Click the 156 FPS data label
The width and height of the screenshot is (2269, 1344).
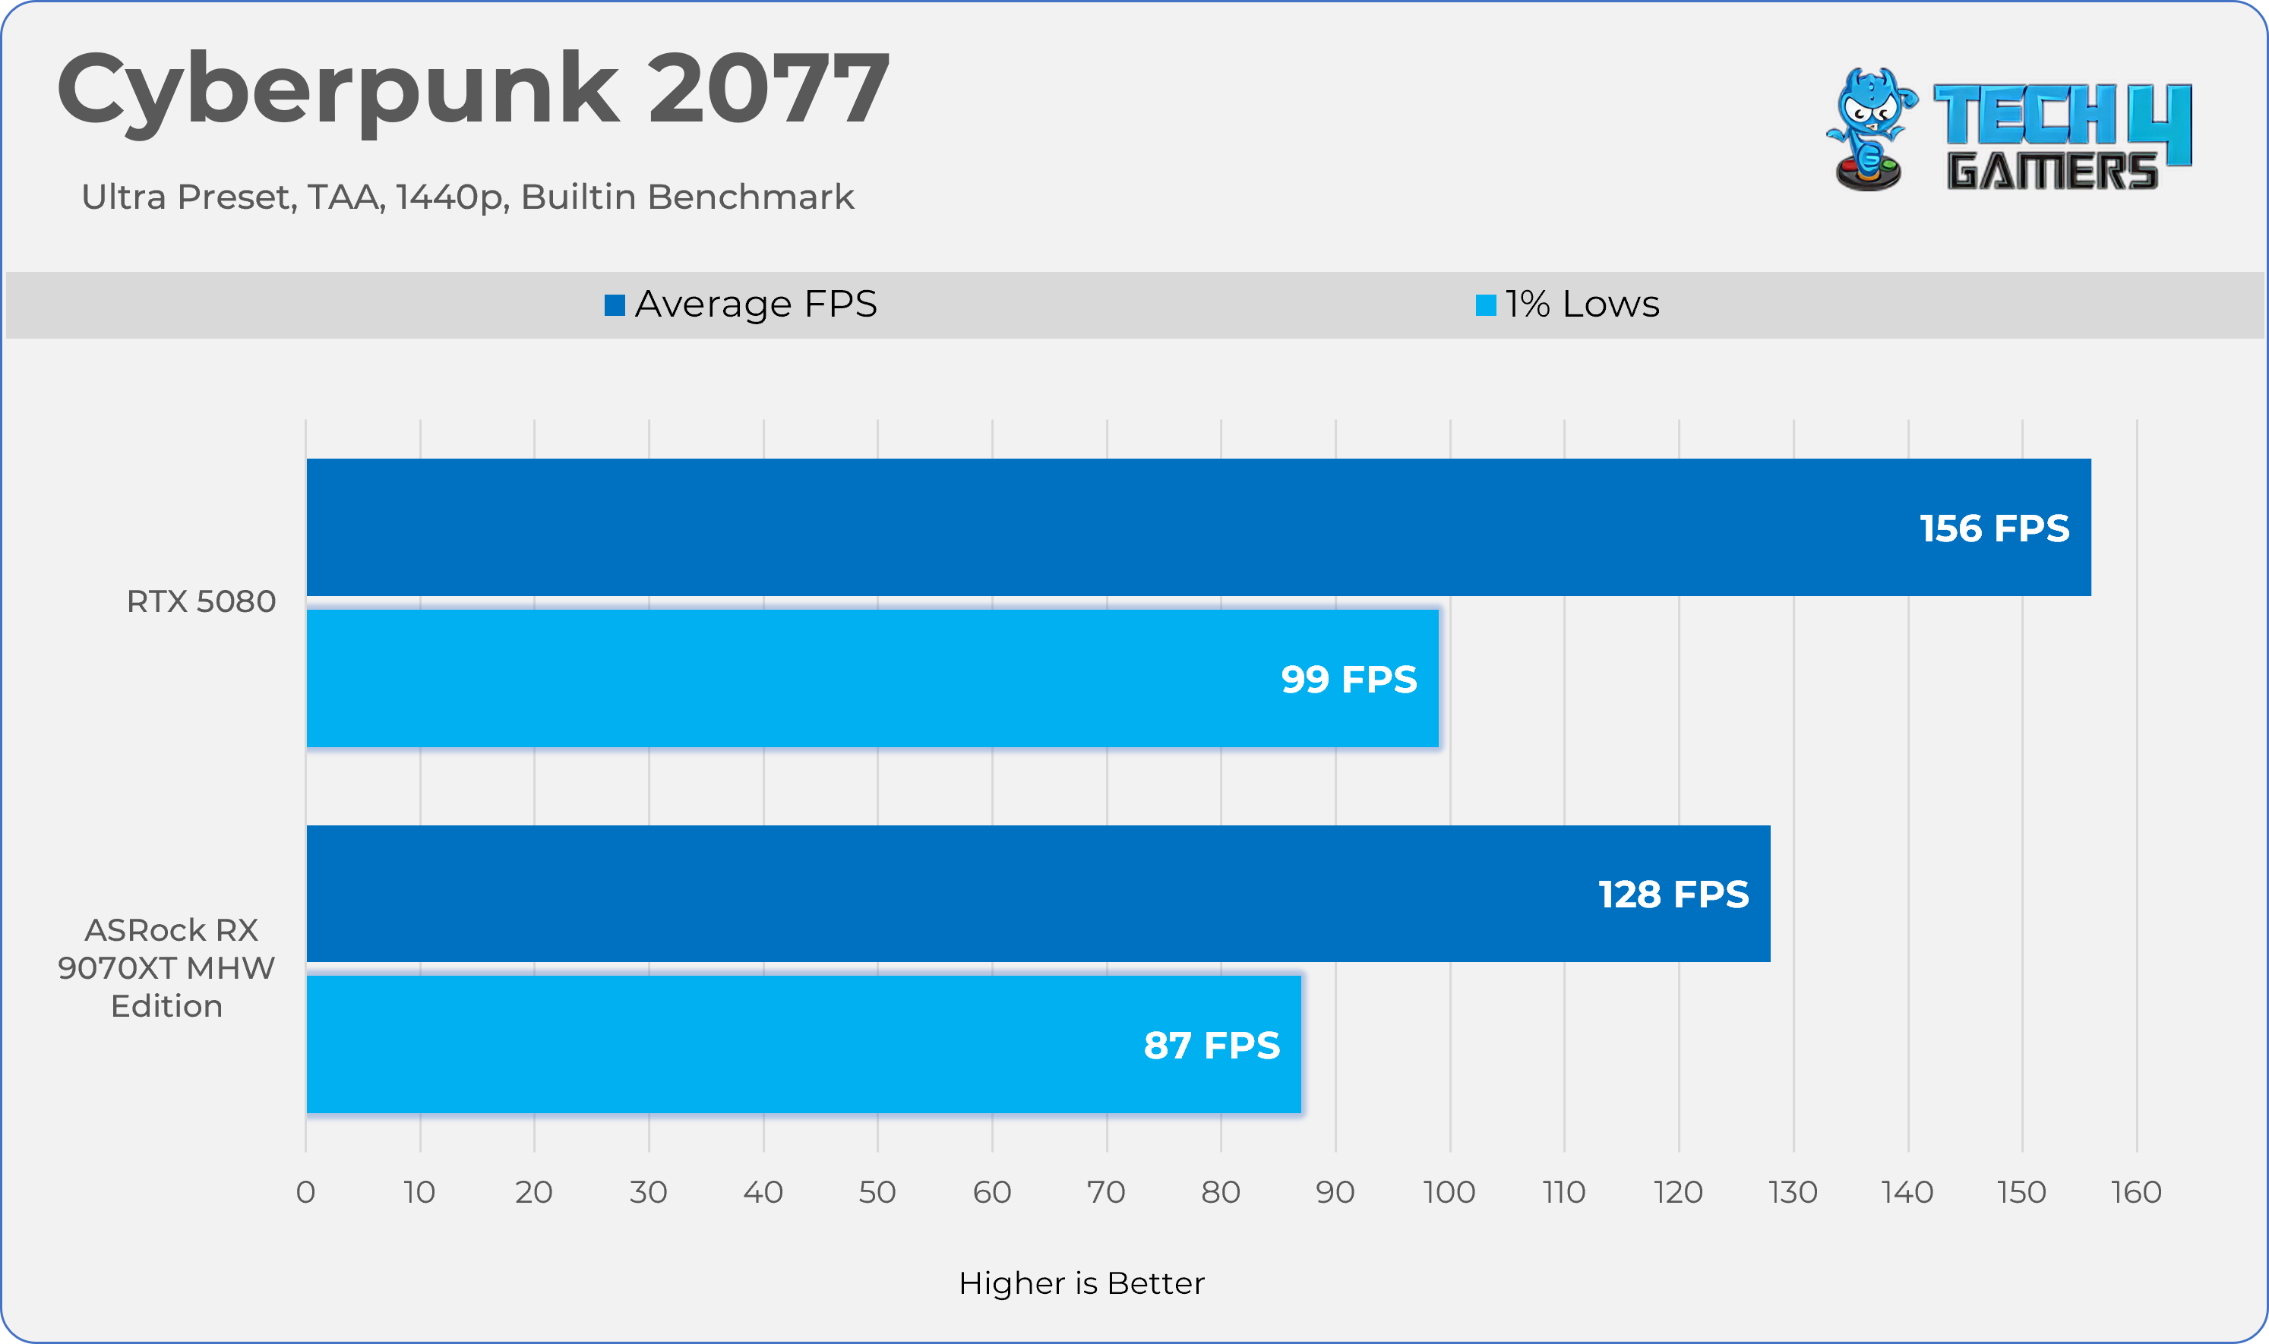(x=1994, y=528)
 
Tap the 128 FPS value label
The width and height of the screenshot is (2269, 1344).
(x=1673, y=894)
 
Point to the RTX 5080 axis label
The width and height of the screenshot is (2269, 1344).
(x=201, y=601)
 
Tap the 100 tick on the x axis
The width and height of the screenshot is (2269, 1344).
(x=1449, y=1192)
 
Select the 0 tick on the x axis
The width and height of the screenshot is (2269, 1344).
(x=306, y=1192)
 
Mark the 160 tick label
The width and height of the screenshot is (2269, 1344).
(x=2136, y=1192)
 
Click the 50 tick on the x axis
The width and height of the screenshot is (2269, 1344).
(x=877, y=1192)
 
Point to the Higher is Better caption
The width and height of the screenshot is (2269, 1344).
(x=1082, y=1283)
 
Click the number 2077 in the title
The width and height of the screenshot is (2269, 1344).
(x=768, y=89)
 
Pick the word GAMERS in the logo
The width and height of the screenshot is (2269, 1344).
(x=2052, y=171)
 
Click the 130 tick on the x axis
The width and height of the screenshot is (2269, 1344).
(x=1793, y=1192)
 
